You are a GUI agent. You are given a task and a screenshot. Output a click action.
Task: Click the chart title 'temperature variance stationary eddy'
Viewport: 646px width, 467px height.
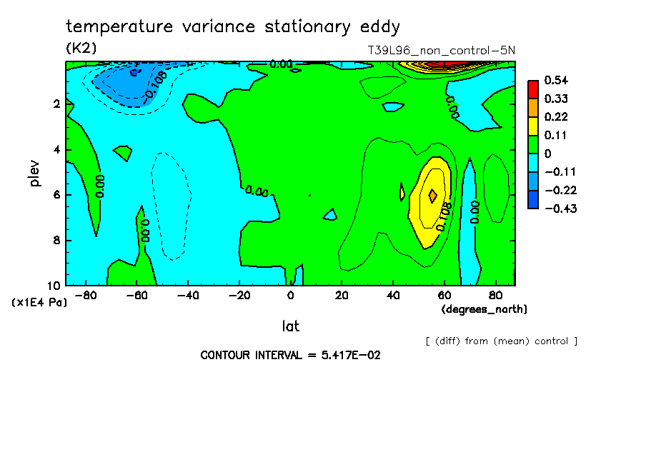click(233, 27)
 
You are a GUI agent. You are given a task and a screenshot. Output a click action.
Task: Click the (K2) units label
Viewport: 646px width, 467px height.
click(81, 48)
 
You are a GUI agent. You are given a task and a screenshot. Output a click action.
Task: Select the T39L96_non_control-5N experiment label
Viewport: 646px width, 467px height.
click(439, 51)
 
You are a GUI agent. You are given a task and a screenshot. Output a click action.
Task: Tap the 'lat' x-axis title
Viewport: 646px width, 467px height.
click(290, 326)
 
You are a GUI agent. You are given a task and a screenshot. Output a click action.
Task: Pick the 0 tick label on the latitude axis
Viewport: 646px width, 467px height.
click(291, 295)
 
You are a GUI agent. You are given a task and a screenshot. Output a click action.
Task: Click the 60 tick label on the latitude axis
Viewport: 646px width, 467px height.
click(444, 295)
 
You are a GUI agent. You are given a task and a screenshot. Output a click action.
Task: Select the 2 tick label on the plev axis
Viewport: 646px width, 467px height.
click(57, 104)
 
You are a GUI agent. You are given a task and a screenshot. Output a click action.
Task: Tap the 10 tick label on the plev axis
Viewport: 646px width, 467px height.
click(54, 284)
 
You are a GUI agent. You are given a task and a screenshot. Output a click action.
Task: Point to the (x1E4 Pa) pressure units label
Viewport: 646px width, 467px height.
click(39, 302)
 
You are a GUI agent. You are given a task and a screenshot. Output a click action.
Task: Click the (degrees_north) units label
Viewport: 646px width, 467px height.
click(484, 308)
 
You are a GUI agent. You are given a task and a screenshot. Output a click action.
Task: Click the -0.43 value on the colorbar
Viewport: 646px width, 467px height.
click(560, 209)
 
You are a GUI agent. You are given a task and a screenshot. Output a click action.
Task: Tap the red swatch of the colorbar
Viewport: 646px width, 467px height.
click(533, 89)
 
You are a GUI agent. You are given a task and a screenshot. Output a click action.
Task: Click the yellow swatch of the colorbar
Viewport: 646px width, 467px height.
click(533, 126)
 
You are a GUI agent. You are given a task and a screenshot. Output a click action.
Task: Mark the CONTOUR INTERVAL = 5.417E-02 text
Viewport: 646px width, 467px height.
click(290, 355)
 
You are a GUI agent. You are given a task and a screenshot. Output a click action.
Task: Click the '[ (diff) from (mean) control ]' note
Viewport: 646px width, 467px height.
click(501, 341)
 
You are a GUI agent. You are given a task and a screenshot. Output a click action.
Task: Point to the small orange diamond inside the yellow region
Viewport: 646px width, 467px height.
click(433, 195)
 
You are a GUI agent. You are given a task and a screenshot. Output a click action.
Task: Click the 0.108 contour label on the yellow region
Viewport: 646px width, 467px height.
click(444, 216)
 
